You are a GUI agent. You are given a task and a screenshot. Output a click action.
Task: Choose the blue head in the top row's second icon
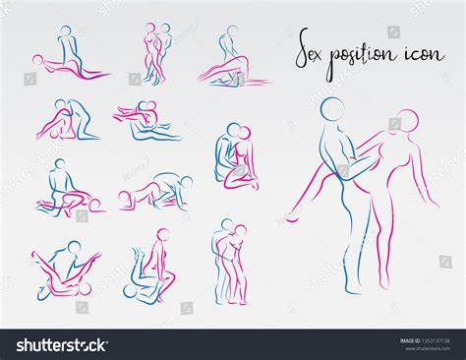(164, 30)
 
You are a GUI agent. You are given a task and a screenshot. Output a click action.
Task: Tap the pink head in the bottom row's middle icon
(161, 236)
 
